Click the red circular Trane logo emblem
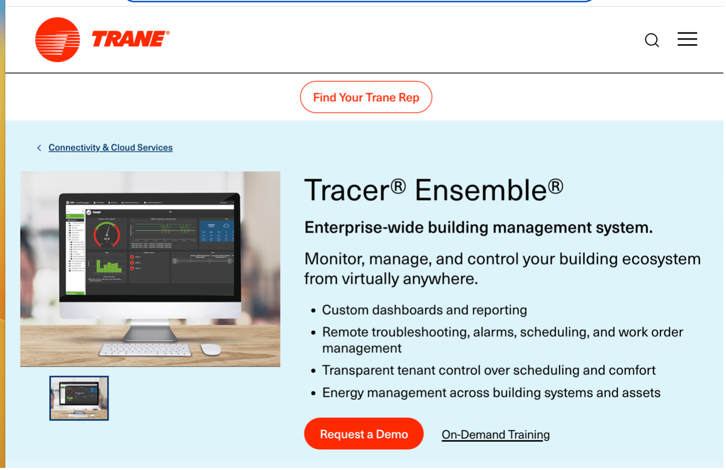coord(58,40)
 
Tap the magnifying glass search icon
coord(652,40)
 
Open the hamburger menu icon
coord(687,39)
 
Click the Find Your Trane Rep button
coord(366,97)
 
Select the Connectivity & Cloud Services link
coord(110,148)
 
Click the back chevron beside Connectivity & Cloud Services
coord(39,148)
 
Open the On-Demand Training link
coord(495,435)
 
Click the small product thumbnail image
coord(79,398)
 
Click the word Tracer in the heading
coord(347,190)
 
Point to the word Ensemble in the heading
coord(481,190)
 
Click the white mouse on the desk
coord(211,349)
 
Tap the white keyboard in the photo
coord(145,349)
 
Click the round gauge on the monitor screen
coord(106,234)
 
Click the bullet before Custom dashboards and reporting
coord(313,310)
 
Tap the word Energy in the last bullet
coord(342,393)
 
